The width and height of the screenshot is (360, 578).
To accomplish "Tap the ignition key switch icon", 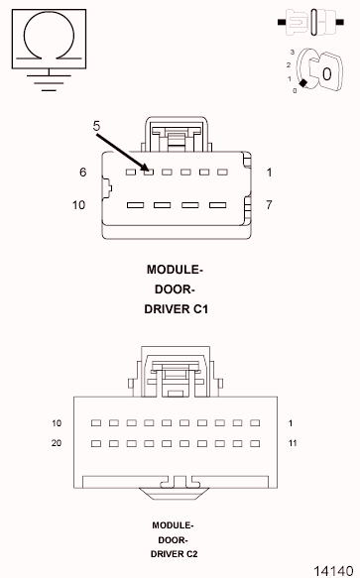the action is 319,70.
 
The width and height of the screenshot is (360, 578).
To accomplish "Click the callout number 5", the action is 97,126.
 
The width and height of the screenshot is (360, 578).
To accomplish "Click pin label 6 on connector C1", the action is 83,173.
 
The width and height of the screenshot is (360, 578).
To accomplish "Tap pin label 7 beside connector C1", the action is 269,205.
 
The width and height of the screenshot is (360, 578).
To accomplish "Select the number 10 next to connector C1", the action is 80,205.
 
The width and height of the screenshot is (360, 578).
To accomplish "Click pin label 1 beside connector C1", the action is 269,173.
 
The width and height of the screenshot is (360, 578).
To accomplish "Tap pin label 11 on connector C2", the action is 293,443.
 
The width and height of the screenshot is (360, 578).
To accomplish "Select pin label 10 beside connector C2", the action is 57,423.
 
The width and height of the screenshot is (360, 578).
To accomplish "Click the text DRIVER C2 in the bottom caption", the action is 174,554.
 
